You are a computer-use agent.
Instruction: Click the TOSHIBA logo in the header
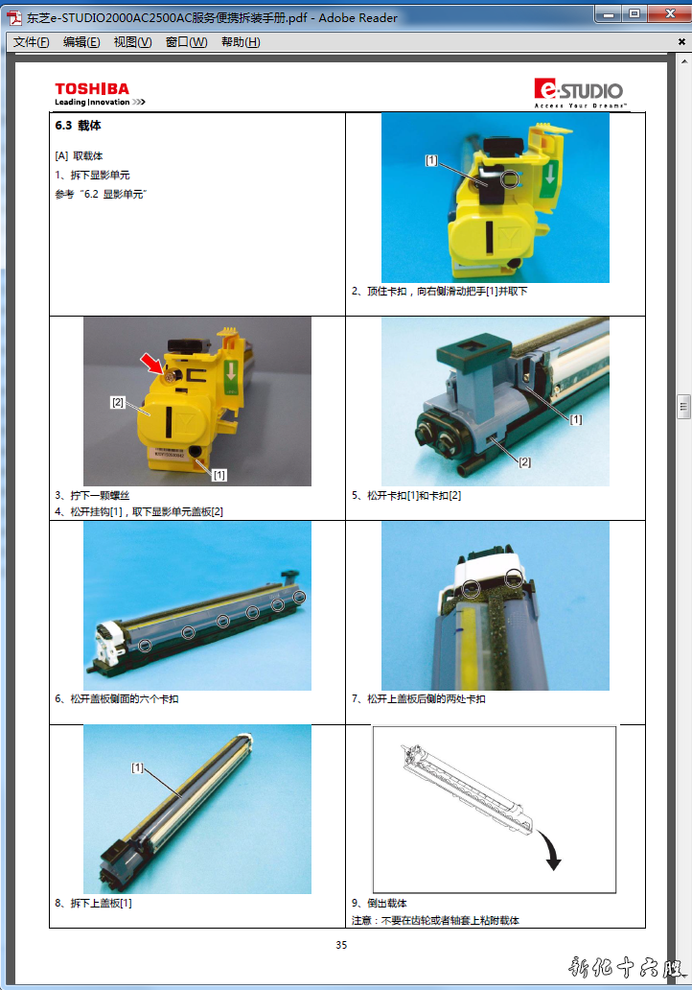[100, 93]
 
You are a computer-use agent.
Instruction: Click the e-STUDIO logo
[580, 93]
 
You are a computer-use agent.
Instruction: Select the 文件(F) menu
[31, 41]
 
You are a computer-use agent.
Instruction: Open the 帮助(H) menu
[241, 41]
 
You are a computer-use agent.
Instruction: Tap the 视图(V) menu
[132, 41]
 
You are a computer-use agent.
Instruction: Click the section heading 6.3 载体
[79, 126]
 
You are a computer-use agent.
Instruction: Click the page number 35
[341, 945]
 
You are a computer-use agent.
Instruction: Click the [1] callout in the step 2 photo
[431, 160]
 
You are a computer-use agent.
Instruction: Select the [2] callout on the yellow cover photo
[118, 402]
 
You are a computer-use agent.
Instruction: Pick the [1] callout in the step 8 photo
[137, 767]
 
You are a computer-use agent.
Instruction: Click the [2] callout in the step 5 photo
[525, 462]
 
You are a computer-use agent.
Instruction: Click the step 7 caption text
[418, 699]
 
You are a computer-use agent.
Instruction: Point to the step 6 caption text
[117, 699]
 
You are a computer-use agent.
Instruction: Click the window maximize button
[634, 13]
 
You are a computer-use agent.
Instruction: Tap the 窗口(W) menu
[186, 41]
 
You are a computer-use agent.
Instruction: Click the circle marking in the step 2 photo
[510, 179]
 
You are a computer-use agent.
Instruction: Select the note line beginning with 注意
[435, 921]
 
